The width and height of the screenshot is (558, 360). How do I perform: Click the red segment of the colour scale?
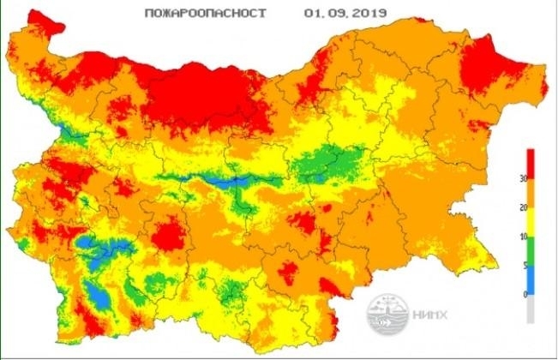pyautogui.click(x=531, y=163)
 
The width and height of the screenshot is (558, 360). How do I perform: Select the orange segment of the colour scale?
pyautogui.click(x=531, y=193)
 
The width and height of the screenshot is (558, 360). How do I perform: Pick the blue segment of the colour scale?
pyautogui.click(x=531, y=279)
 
